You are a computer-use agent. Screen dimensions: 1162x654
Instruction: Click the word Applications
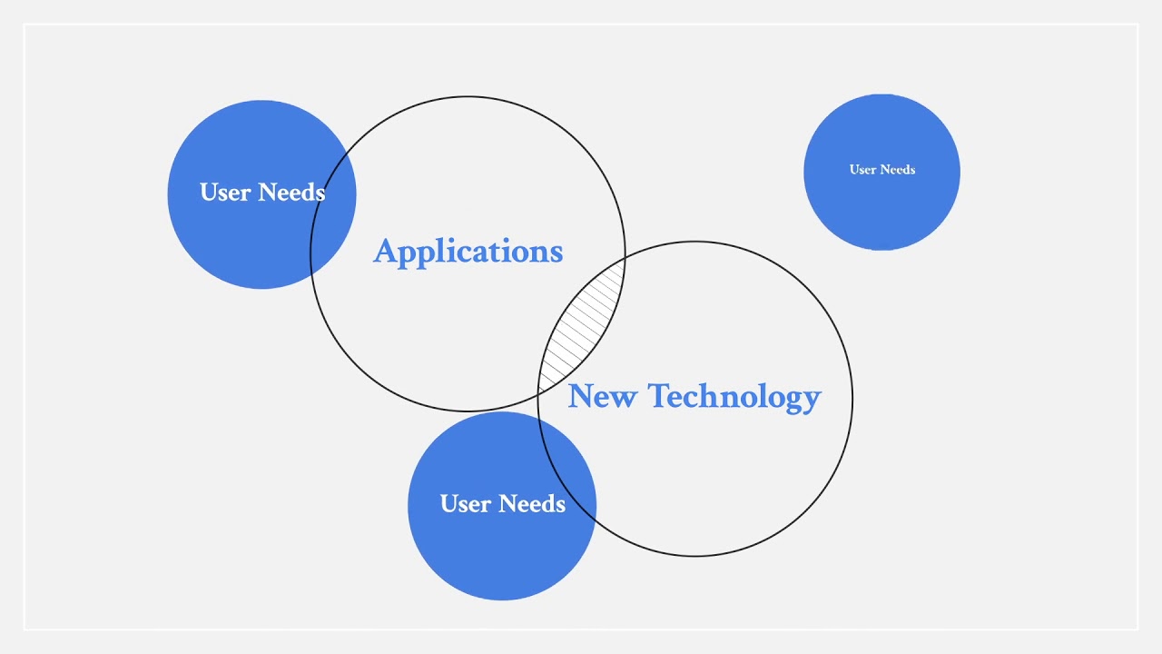468,252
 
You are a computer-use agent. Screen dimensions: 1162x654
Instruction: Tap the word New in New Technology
601,397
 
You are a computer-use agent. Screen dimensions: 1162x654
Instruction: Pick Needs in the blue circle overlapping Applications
291,193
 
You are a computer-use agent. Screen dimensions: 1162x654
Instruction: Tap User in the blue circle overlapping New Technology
466,504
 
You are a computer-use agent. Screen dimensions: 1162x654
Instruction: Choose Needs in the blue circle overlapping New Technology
532,504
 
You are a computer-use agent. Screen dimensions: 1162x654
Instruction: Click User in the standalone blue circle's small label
863,170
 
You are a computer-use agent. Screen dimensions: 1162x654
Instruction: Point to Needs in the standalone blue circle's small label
897,170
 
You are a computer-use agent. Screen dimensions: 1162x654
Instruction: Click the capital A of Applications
385,252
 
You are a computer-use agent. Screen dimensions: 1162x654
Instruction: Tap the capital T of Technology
659,396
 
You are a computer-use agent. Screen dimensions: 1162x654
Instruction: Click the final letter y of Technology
812,401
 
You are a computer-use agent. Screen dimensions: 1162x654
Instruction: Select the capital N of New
582,396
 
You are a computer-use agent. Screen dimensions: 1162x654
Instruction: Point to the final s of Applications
556,253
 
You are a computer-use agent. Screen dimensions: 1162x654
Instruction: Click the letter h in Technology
711,396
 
